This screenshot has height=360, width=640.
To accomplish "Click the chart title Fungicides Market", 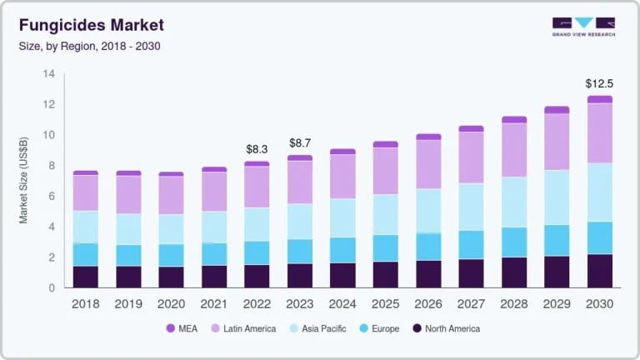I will click(91, 25).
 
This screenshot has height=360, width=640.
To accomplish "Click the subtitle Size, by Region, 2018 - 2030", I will click(89, 46).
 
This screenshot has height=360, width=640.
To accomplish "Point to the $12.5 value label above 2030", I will click(598, 83).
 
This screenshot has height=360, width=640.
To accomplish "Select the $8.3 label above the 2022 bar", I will click(257, 149).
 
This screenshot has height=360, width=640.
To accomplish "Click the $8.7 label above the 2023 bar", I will click(300, 143).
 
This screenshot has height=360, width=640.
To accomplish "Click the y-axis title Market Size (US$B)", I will click(24, 181).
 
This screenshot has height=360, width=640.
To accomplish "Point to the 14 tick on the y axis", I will click(48, 74).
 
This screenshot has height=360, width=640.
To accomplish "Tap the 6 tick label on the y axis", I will click(51, 197).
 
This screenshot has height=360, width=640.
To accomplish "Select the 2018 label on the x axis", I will click(85, 304).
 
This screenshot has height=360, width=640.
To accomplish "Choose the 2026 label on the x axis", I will click(428, 304).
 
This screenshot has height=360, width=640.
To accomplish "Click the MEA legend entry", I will click(181, 328).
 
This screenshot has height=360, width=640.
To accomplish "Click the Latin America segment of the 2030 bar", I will click(599, 133).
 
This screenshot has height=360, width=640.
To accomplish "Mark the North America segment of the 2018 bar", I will click(85, 277).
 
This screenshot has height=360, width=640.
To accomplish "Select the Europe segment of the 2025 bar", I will click(385, 247).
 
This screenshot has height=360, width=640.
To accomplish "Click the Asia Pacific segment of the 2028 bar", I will click(514, 202).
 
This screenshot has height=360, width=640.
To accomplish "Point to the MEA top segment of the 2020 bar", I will click(171, 174).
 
